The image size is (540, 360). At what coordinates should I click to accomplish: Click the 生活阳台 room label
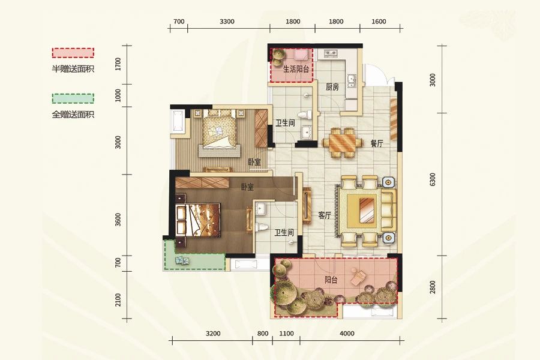pyautogui.click(x=296, y=69)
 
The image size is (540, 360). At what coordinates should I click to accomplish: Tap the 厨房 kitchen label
pyautogui.click(x=332, y=87)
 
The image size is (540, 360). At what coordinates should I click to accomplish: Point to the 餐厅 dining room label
pyautogui.click(x=377, y=143)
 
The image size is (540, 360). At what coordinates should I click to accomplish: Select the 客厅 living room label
pyautogui.click(x=325, y=216)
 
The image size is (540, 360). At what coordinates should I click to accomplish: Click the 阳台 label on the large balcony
pyautogui.click(x=331, y=280)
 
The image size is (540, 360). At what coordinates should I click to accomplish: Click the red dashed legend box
pyautogui.click(x=73, y=53)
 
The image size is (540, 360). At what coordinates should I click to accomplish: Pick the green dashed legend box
pyautogui.click(x=73, y=98)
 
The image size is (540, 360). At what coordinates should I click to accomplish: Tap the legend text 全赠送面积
pyautogui.click(x=73, y=115)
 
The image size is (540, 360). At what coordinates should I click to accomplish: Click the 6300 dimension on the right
pyautogui.click(x=433, y=179)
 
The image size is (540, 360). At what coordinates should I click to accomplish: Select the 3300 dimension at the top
pyautogui.click(x=227, y=22)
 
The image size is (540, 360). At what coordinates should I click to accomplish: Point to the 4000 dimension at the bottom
pyautogui.click(x=347, y=334)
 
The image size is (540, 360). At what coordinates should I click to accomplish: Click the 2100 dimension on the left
pyautogui.click(x=118, y=299)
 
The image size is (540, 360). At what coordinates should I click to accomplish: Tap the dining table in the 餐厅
pyautogui.click(x=343, y=143)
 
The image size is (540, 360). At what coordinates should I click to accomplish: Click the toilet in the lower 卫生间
pyautogui.click(x=262, y=227)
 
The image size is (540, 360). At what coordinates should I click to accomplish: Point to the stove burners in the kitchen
pyautogui.click(x=331, y=53)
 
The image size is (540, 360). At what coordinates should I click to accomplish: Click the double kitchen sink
pyautogui.click(x=351, y=82)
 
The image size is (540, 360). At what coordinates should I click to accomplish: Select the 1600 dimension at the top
pyautogui.click(x=379, y=22)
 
